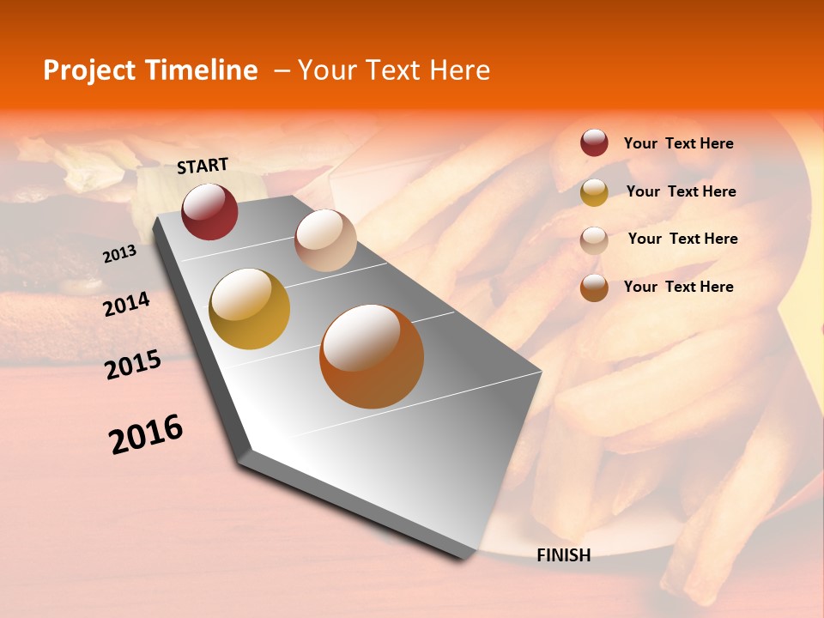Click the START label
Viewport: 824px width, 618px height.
pos(203,166)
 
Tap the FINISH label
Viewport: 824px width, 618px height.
pos(563,555)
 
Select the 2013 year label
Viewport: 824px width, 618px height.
pos(119,254)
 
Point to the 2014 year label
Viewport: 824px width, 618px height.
pos(126,305)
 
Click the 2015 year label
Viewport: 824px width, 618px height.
pos(133,365)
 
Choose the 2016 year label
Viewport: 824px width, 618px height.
pos(146,434)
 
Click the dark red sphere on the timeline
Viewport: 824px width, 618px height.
pos(209,211)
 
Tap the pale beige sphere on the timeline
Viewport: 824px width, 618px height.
pos(325,240)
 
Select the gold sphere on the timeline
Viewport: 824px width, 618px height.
pos(250,309)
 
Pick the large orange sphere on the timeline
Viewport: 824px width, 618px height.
pos(372,356)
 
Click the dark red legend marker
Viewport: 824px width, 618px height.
pos(594,142)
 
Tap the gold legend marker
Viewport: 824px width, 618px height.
pos(594,192)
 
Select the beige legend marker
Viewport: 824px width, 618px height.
pos(594,240)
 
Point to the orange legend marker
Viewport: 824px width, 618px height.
pos(594,288)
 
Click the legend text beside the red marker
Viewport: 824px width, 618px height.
pos(678,143)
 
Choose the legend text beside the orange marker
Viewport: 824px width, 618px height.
pos(678,287)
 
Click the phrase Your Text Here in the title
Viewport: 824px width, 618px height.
pos(394,70)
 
